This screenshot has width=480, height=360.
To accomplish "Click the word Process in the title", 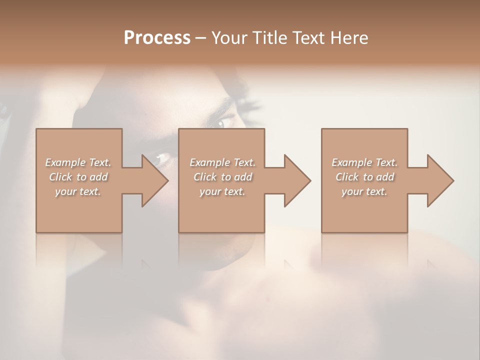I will [157, 38].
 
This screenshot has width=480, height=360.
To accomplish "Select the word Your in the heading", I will [229, 38].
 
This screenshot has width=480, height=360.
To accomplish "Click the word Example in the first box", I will [65, 162].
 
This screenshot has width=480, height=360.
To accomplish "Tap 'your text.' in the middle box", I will [222, 191].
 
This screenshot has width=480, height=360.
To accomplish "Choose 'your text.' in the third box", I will [364, 191].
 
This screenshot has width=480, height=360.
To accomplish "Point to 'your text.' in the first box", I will [77, 191].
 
